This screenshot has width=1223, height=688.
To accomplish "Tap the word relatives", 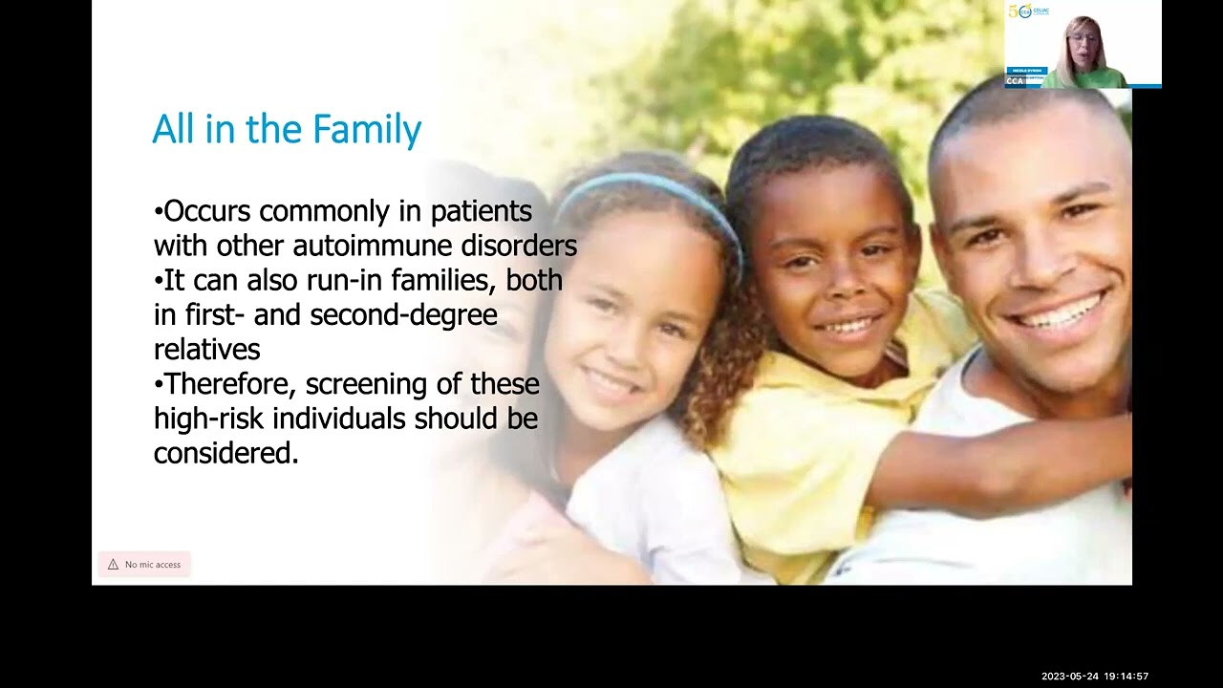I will (206, 350).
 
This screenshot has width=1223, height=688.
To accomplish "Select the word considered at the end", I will (225, 453).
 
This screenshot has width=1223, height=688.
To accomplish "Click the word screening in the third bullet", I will (381, 384).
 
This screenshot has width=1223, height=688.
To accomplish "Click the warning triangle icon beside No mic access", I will (113, 565).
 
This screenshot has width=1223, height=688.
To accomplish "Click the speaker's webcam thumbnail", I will (1083, 45).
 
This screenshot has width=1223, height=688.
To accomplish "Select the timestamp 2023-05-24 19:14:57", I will (1095, 677).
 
